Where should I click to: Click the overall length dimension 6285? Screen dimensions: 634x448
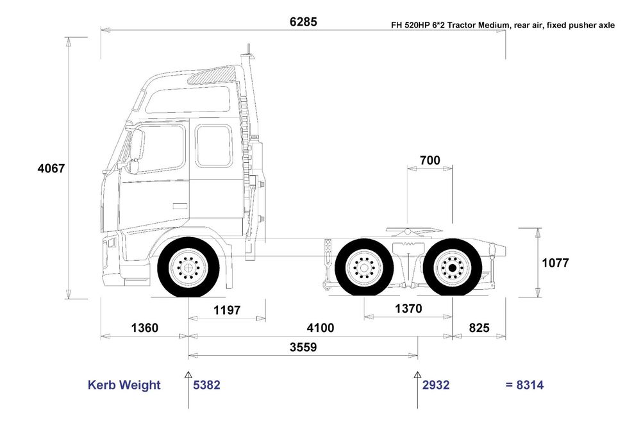point(303,21)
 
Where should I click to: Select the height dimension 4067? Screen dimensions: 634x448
point(51,168)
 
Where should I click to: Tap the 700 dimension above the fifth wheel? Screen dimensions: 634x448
point(430,160)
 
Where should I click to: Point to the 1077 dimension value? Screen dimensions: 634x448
point(555,263)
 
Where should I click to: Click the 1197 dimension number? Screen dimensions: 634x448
point(227,310)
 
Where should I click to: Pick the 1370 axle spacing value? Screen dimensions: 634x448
point(408,308)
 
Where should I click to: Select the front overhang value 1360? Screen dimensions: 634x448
point(145,328)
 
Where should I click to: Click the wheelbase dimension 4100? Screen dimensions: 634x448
point(321,328)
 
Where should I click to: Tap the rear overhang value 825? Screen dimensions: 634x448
point(479,328)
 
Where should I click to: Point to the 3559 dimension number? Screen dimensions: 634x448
point(303,347)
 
